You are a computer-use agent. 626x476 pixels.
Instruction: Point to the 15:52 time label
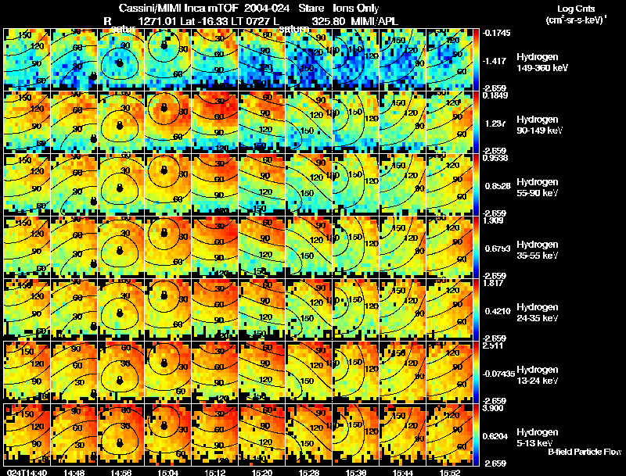(449, 472)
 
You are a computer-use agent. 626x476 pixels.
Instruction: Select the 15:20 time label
(261, 472)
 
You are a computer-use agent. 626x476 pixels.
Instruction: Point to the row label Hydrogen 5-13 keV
(537, 437)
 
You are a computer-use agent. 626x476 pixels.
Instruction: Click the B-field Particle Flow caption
(585, 452)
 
